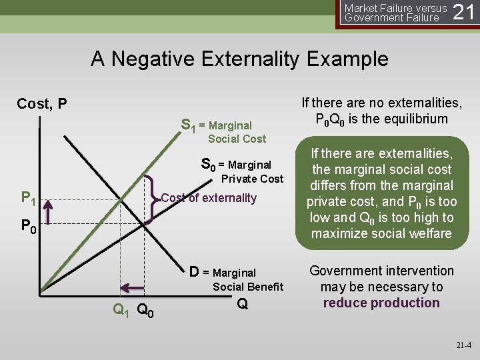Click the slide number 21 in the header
coord(465,12)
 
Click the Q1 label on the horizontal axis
coord(121,309)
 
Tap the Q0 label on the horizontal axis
coord(146,309)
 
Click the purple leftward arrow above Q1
coord(133,288)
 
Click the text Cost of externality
coord(209,198)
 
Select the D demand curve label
coord(194,272)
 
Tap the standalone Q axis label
coord(243,303)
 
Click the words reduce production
coord(381,303)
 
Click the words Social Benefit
coord(247,287)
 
